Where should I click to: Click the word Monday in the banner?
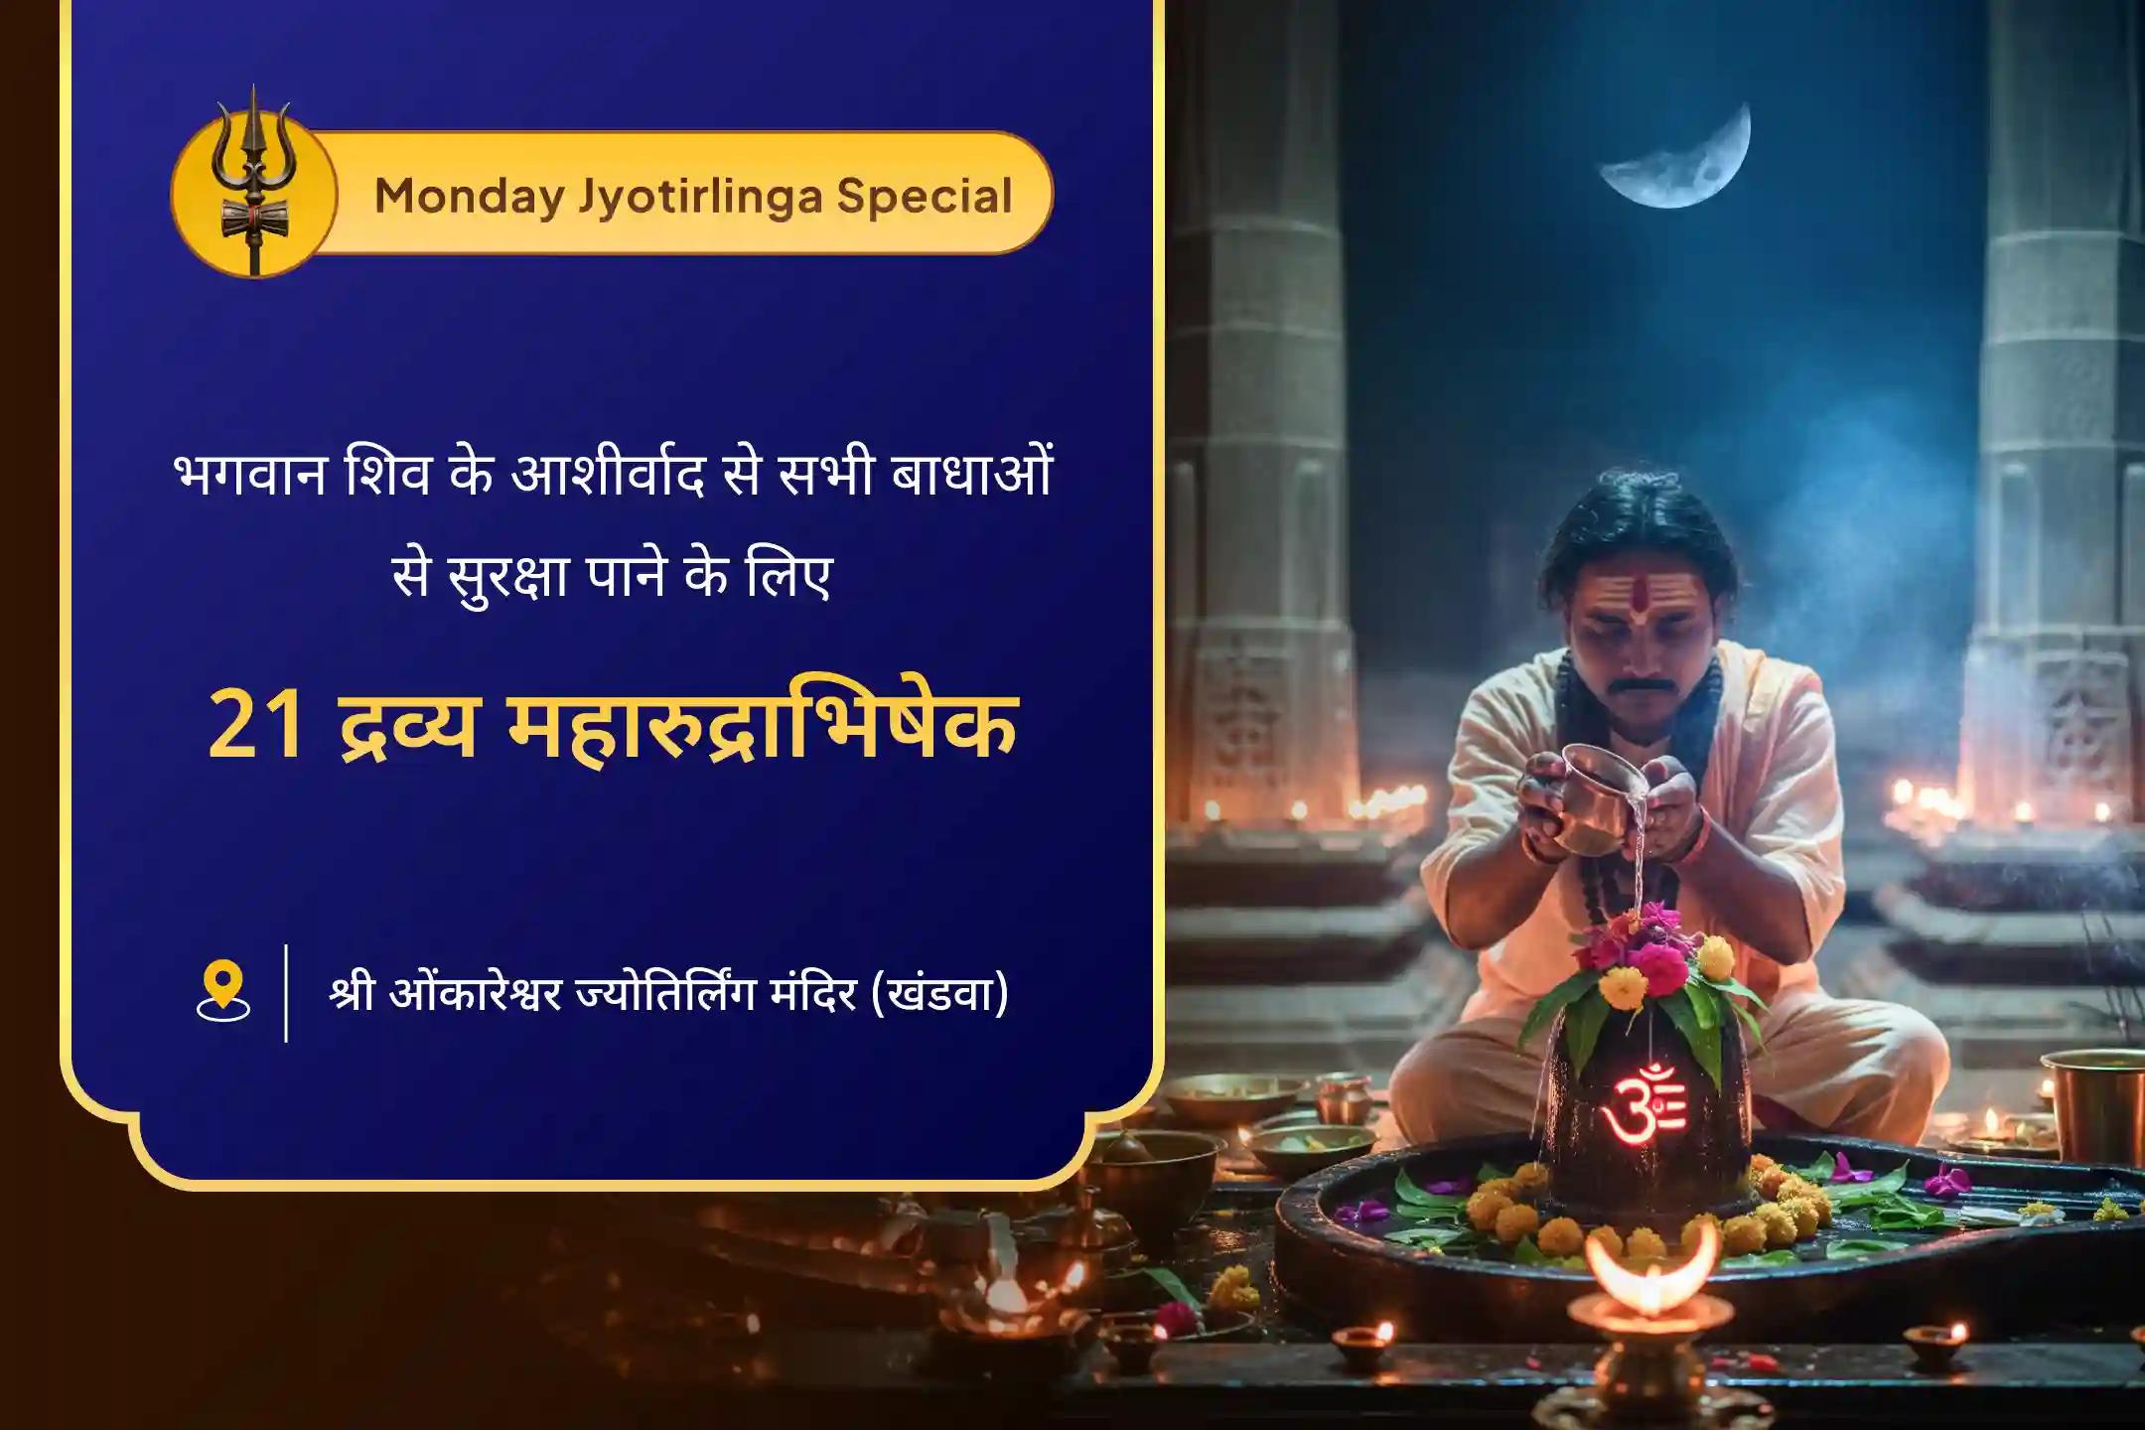click(x=470, y=196)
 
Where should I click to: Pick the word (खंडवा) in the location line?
click(x=939, y=993)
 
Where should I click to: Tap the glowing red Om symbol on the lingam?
click(x=1644, y=1100)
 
